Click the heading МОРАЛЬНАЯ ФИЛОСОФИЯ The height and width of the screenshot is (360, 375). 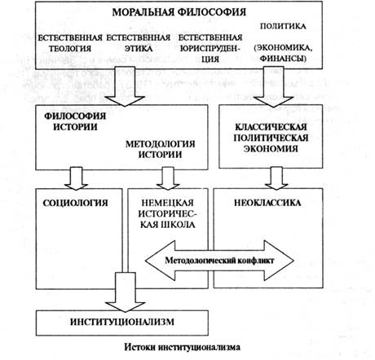click(179, 12)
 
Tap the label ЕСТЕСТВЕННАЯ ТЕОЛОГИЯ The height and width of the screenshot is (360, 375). click(70, 43)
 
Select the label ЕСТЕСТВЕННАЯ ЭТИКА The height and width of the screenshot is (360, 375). click(139, 43)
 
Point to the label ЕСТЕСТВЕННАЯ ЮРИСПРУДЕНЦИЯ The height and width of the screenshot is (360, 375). click(210, 48)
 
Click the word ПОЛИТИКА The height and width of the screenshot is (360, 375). click(283, 26)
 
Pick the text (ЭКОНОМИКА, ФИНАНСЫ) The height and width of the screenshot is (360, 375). click(283, 53)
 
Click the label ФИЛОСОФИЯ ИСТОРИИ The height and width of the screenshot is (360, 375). click(75, 121)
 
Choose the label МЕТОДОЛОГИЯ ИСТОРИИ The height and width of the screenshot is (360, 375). click(160, 149)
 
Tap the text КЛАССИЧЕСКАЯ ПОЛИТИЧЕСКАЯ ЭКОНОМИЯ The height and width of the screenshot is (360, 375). click(271, 138)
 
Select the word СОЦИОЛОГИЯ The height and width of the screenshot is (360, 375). click(76, 203)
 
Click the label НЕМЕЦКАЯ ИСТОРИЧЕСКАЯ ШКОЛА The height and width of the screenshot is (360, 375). click(168, 213)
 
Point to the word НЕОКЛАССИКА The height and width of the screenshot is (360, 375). click(267, 203)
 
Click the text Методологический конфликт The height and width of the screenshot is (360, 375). click(219, 261)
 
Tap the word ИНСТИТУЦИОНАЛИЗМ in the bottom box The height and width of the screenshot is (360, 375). click(122, 322)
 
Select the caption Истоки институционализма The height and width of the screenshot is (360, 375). click(183, 348)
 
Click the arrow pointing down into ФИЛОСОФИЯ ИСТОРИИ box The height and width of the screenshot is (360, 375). click(125, 86)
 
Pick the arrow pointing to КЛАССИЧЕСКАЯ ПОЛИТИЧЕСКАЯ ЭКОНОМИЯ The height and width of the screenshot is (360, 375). click(274, 86)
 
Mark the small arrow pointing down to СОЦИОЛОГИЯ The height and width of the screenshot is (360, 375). click(76, 178)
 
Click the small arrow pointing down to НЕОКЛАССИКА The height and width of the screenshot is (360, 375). click(276, 178)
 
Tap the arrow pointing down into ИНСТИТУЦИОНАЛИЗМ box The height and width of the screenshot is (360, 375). click(125, 292)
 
